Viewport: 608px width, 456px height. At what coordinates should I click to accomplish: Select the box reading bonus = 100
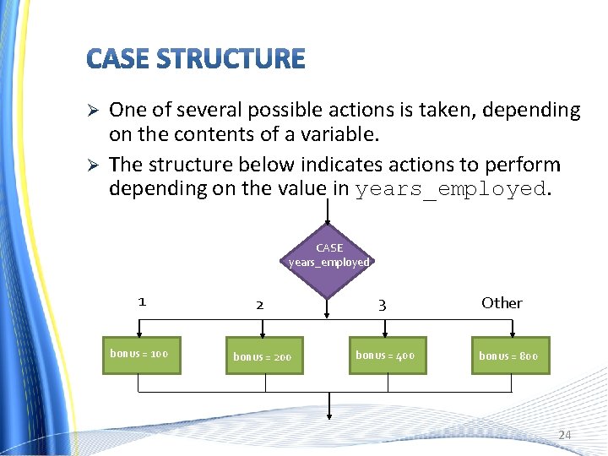(x=138, y=353)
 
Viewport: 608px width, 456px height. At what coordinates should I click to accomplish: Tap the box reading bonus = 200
(x=262, y=356)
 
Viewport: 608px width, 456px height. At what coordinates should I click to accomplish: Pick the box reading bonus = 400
(x=385, y=355)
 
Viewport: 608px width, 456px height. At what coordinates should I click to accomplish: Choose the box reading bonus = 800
(x=508, y=356)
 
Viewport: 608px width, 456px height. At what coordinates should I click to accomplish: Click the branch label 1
(x=142, y=301)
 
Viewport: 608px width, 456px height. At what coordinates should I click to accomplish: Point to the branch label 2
(x=259, y=304)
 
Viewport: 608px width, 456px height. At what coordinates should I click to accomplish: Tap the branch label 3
(x=382, y=305)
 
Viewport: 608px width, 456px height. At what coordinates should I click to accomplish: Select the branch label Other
(x=502, y=302)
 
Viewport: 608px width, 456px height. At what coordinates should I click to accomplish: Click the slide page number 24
(x=564, y=435)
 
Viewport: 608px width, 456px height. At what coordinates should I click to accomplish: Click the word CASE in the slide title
(x=117, y=59)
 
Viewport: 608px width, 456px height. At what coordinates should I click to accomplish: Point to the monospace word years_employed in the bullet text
(x=450, y=188)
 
